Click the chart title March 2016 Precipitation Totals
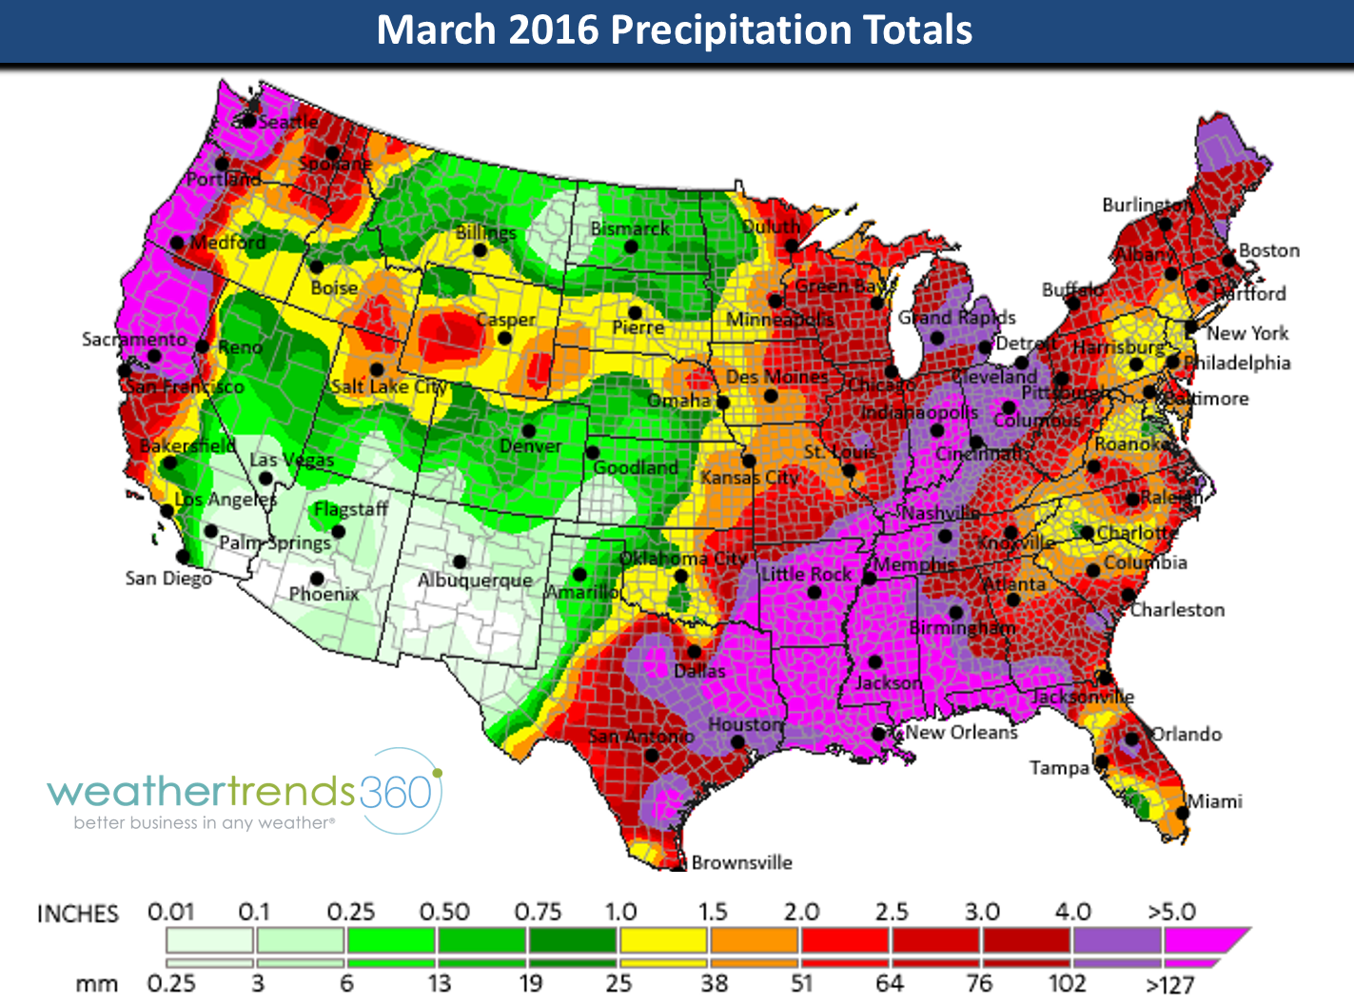coord(675,30)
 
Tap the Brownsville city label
coord(741,862)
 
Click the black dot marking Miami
coord(1182,813)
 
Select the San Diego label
coord(168,579)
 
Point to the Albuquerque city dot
coord(460,562)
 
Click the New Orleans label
coord(961,732)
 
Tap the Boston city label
coord(1268,250)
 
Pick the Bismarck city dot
coord(630,246)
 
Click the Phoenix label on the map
coord(324,594)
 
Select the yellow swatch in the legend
coord(663,940)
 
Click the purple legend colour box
coord(1117,940)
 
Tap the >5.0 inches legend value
coord(1171,912)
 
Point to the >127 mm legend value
coord(1169,984)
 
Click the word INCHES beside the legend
coord(78,915)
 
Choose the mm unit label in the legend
coord(96,984)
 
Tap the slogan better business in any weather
coord(204,823)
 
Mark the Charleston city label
coord(1177,610)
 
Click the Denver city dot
coord(529,431)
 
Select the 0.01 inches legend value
coord(170,912)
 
